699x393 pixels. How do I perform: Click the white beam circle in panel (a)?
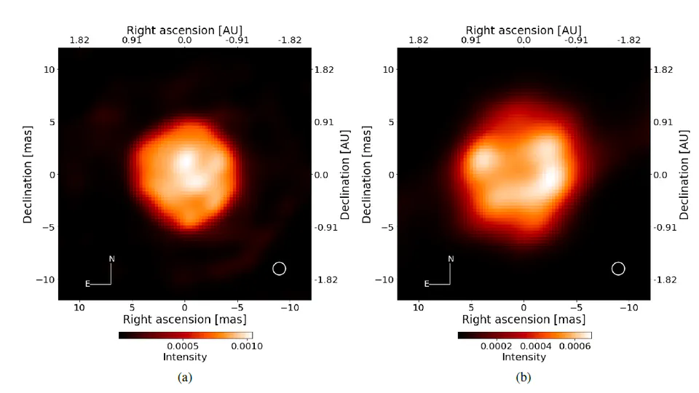[x=279, y=269]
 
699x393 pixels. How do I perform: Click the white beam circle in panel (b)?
[x=618, y=269]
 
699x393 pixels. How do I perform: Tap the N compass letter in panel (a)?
[x=111, y=258]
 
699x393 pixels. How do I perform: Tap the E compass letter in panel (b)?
[x=427, y=285]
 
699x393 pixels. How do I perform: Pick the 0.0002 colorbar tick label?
[x=496, y=346]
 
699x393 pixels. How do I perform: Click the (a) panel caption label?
[x=185, y=377]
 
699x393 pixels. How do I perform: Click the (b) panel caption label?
[x=524, y=377]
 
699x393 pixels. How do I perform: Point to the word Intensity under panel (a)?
[x=185, y=357]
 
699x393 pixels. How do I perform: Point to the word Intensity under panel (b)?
[x=524, y=357]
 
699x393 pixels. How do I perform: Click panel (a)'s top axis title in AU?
[x=184, y=30]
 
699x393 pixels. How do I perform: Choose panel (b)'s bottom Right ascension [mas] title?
[x=524, y=319]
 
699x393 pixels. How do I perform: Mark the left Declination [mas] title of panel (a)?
[x=28, y=174]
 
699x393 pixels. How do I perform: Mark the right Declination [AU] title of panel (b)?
[x=684, y=174]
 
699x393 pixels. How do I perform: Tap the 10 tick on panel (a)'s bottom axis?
[x=79, y=307]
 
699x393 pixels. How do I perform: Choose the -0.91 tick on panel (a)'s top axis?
[x=237, y=40]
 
